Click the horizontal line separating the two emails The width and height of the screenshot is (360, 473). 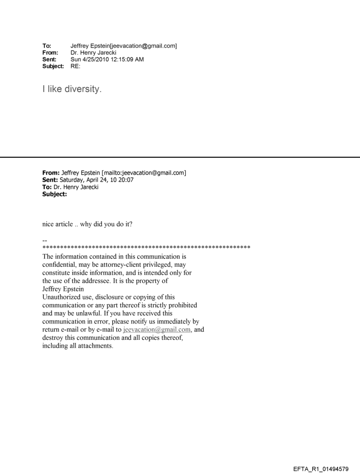pos(180,157)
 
